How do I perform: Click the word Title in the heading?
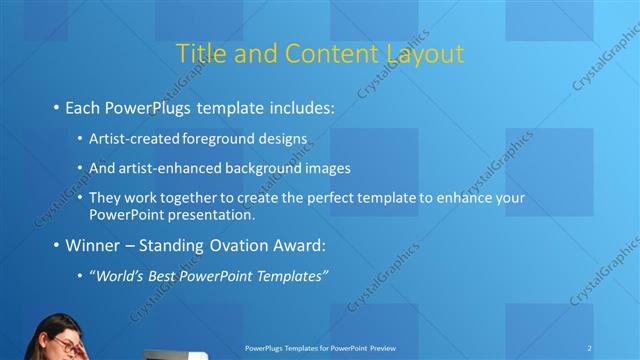point(200,53)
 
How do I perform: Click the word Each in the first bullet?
point(83,106)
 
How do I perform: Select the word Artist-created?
point(130,138)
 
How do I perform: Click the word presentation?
point(220,214)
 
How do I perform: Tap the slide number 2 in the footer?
point(590,348)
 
